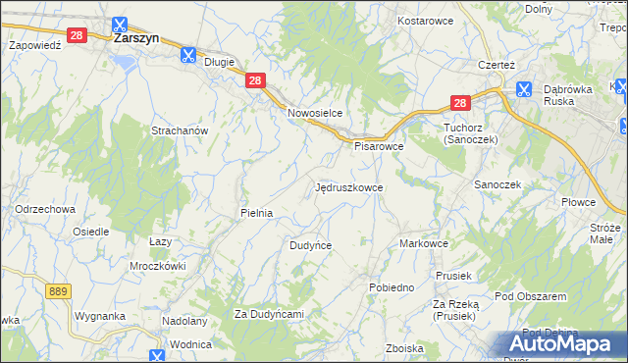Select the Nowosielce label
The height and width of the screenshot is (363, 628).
[314, 113]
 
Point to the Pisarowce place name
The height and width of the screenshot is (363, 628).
[379, 146]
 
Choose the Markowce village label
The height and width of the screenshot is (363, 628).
[424, 243]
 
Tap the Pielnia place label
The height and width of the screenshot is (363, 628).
[256, 212]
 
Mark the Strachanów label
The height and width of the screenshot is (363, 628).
[178, 130]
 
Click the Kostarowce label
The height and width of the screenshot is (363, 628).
[423, 21]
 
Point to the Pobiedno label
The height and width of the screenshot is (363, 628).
[391, 287]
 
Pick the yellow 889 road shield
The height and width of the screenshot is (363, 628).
[58, 291]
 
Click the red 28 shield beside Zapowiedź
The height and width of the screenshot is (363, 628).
[78, 35]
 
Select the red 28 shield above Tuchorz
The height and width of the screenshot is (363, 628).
[460, 102]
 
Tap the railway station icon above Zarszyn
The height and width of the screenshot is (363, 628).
[119, 25]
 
